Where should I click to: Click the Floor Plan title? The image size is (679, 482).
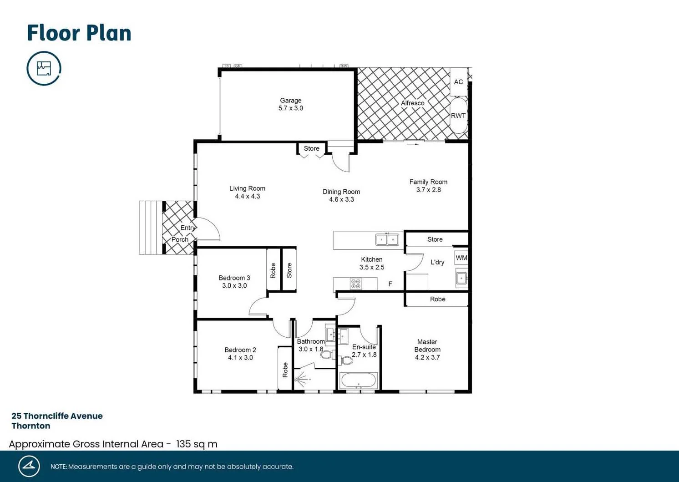(79, 33)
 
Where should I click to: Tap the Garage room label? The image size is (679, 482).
(290, 101)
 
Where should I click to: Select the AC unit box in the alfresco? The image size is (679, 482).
(458, 82)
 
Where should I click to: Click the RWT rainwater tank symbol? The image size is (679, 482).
(458, 116)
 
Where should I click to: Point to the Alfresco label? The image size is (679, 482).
(412, 103)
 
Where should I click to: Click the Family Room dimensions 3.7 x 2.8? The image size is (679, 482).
(428, 190)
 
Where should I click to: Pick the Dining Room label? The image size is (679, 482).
(341, 192)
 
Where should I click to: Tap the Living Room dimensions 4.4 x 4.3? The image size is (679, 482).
(247, 196)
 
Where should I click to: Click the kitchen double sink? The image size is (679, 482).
(387, 239)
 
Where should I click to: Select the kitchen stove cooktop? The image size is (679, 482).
(356, 284)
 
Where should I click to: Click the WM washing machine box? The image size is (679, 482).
(461, 258)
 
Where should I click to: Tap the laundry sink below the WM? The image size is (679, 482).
(461, 278)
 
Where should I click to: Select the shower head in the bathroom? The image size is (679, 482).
(301, 378)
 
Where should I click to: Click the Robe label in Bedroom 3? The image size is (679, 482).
(273, 270)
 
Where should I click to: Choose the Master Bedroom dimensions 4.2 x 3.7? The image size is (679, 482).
(427, 357)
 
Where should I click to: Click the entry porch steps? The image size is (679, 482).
(151, 228)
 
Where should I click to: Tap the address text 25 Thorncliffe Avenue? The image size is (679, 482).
(57, 416)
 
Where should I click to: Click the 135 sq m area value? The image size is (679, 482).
(197, 444)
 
